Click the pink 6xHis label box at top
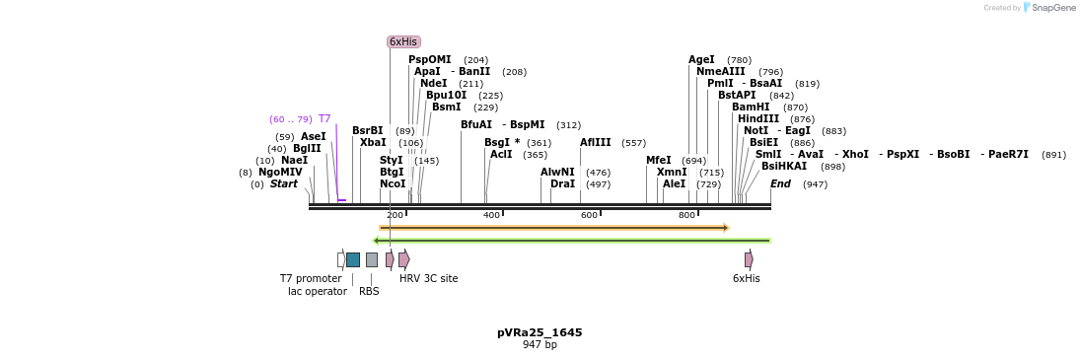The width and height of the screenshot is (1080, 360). click(403, 41)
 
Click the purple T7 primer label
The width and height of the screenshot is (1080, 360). click(324, 118)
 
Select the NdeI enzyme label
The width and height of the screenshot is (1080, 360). click(433, 83)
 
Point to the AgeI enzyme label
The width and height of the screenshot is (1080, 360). click(702, 59)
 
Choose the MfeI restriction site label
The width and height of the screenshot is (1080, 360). click(659, 160)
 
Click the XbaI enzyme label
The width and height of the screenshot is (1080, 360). click(373, 142)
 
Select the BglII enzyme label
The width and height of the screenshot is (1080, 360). click(307, 148)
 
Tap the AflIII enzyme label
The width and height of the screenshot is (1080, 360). click(596, 142)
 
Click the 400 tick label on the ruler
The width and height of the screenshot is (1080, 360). click(491, 215)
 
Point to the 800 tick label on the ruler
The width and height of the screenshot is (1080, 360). click(686, 215)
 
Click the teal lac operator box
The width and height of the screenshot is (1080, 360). click(353, 259)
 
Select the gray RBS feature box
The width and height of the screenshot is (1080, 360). click(371, 259)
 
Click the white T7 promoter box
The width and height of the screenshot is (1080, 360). click(341, 259)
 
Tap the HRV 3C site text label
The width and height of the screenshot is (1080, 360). click(428, 278)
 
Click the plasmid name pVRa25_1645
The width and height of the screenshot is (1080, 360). click(540, 332)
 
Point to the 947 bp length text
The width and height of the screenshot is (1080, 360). click(540, 344)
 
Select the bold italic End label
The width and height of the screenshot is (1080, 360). click(780, 183)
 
